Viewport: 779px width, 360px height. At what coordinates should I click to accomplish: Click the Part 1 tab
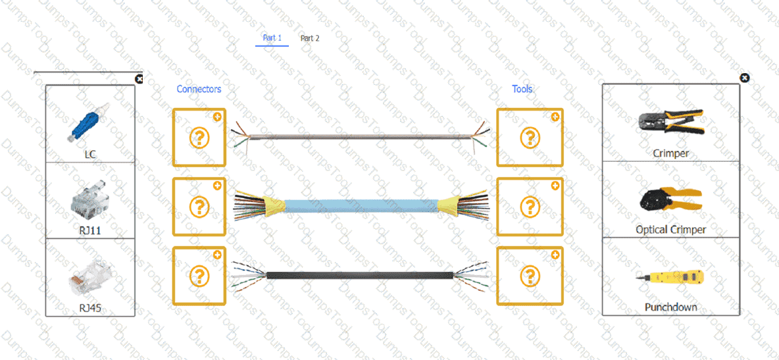(x=272, y=38)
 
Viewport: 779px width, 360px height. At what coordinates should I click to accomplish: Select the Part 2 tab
(x=310, y=38)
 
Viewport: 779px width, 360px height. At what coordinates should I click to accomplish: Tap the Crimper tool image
(x=670, y=123)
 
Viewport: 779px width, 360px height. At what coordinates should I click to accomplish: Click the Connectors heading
(x=199, y=89)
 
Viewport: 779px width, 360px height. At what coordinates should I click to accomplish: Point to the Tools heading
(x=522, y=89)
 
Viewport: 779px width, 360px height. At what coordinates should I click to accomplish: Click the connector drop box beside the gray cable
(x=199, y=138)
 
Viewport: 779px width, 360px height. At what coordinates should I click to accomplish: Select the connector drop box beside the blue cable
(x=199, y=207)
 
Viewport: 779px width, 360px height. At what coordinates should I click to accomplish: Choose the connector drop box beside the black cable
(x=199, y=276)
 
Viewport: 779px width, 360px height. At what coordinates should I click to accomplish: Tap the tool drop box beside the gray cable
(x=530, y=138)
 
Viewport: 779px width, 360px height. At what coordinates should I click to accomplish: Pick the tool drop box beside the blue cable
(x=530, y=207)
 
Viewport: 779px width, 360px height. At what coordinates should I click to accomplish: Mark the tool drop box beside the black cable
(x=530, y=276)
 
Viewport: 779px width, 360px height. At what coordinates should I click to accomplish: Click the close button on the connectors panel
(x=139, y=78)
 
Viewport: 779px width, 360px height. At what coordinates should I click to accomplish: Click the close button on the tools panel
(x=744, y=78)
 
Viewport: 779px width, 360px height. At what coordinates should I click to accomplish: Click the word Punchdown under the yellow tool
(x=670, y=307)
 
